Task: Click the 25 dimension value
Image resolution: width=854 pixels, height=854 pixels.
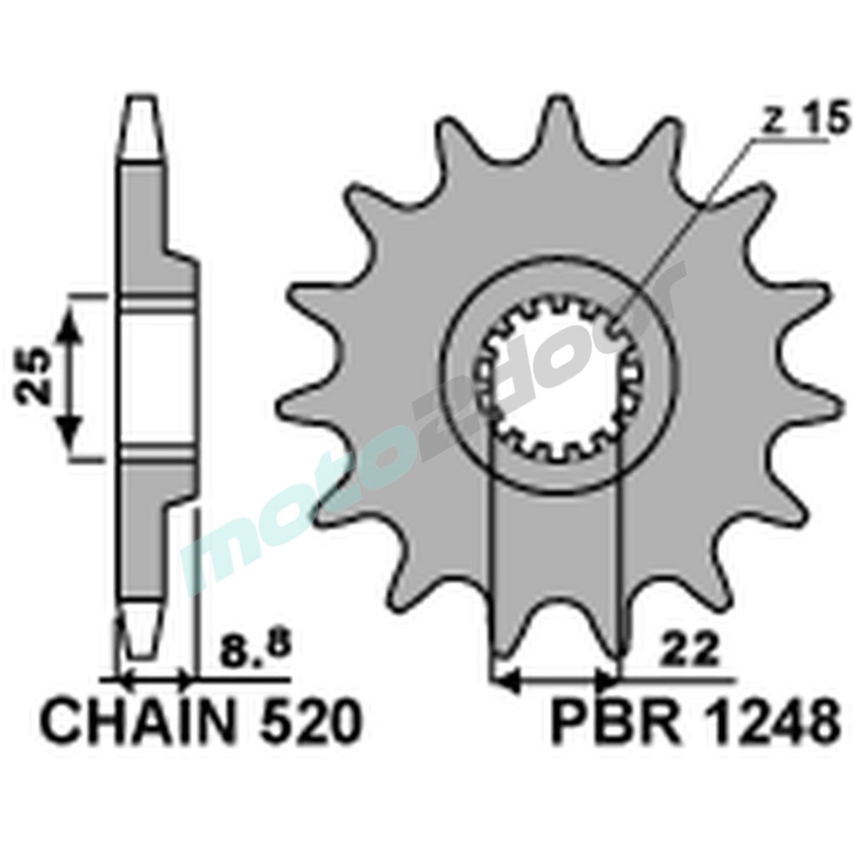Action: (x=31, y=377)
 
